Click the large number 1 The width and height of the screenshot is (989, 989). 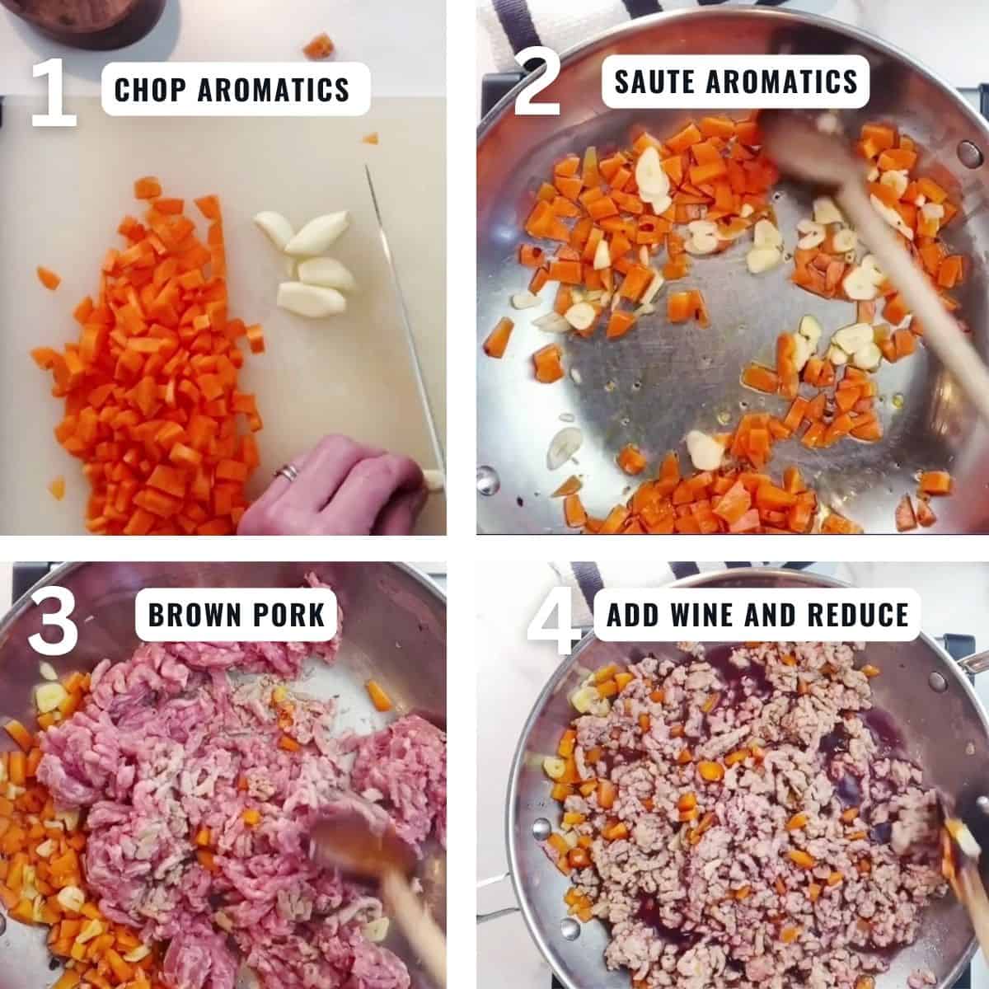pos(54,91)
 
